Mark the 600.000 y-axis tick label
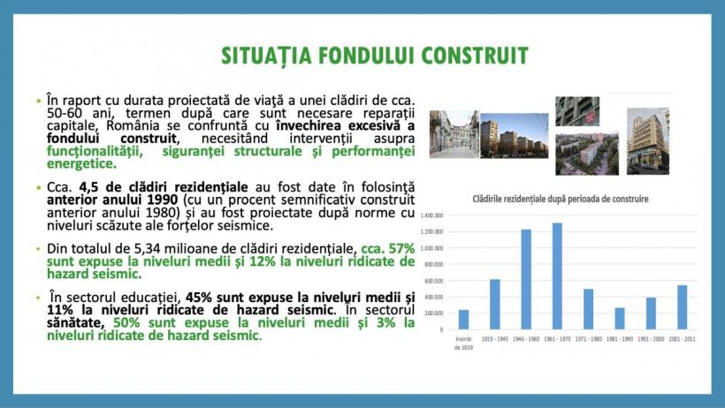[x=433, y=281]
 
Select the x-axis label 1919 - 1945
[x=494, y=338]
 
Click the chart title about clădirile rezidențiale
[x=561, y=199]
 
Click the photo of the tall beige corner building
[x=648, y=140]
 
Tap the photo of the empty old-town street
[x=454, y=134]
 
